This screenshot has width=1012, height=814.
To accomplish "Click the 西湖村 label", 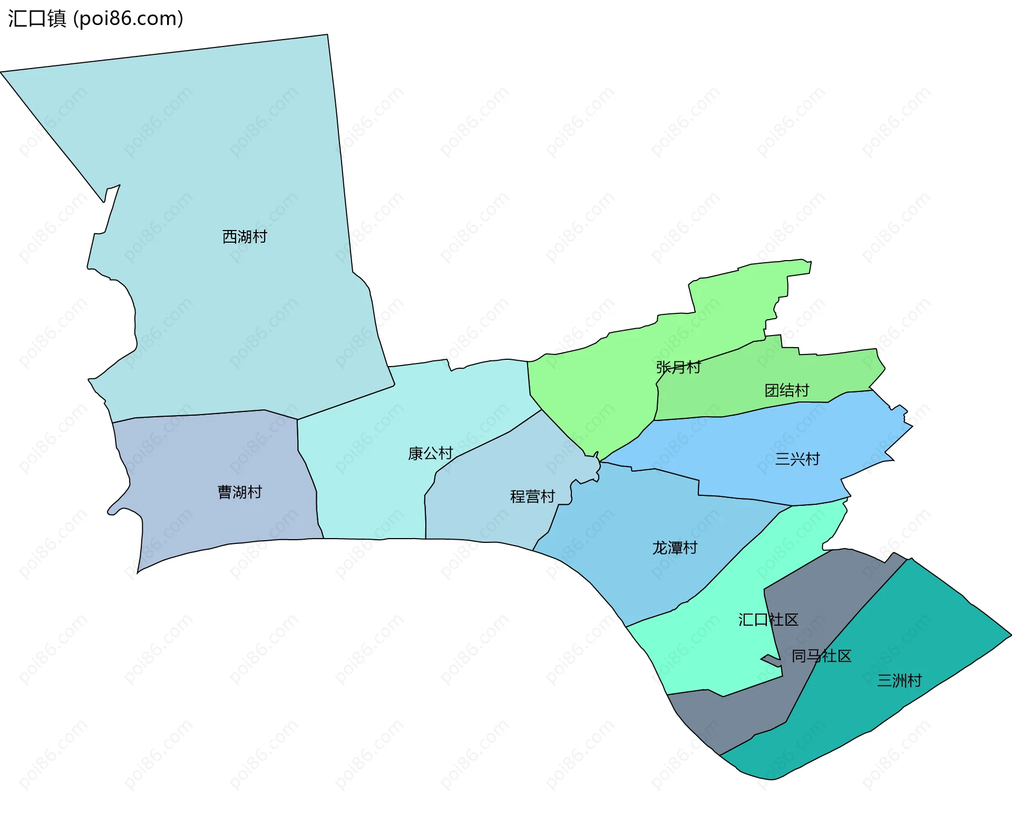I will pyautogui.click(x=245, y=236).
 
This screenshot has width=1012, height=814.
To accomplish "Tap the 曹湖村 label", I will pyautogui.click(x=240, y=492).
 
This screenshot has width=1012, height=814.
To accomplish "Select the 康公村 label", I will pyautogui.click(x=430, y=453).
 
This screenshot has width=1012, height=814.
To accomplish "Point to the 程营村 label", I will pyautogui.click(x=532, y=496).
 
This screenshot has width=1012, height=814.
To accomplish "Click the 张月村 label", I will pyautogui.click(x=678, y=367).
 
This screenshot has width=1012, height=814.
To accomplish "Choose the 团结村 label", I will pyautogui.click(x=786, y=390).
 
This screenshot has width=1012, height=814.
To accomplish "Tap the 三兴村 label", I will pyautogui.click(x=797, y=459).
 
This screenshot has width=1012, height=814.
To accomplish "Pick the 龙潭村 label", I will pyautogui.click(x=675, y=548).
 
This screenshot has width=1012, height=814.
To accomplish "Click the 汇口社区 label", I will pyautogui.click(x=768, y=619).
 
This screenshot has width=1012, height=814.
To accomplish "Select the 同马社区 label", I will pyautogui.click(x=821, y=656).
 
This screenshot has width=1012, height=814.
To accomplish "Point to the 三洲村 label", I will pyautogui.click(x=899, y=681).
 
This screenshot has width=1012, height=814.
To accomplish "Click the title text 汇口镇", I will pyautogui.click(x=37, y=18).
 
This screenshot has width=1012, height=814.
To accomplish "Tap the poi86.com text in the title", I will pyautogui.click(x=129, y=18).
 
